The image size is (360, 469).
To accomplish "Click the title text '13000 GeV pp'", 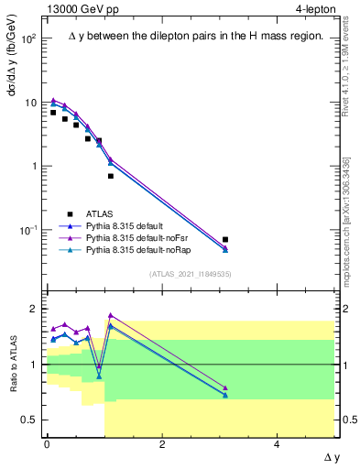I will pos(80,9).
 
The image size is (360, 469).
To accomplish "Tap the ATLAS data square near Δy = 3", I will pos(225,240).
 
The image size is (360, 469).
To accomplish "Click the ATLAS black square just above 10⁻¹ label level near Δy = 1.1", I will pos(111,176).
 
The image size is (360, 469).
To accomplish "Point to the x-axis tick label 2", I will pos(161,445).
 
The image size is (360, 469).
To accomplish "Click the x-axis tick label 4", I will pos(277,445).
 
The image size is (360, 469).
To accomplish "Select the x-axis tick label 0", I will pos(47,445).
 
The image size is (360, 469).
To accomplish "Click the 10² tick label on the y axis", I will pos(29,39).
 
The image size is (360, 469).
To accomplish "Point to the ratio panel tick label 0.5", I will pos(27,420).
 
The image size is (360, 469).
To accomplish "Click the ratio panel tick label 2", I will pos(34,309).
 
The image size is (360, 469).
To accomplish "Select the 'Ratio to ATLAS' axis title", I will pos(14,365).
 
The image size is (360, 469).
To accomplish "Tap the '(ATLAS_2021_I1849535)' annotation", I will pos(190,273).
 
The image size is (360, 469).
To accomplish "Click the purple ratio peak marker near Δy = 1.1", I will pos(111,315).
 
